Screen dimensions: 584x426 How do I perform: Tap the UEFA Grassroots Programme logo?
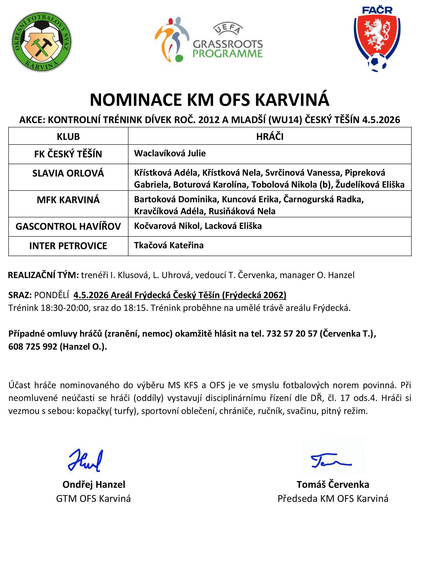[209, 40]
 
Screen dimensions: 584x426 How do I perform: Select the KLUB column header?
[68, 137]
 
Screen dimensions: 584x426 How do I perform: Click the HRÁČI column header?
[270, 137]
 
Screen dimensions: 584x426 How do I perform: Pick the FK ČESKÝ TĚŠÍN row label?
[68, 154]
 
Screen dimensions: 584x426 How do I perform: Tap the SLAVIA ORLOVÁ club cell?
[68, 173]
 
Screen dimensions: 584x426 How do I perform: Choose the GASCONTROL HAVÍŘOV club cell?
[68, 226]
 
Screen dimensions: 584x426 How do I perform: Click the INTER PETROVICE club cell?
[68, 246]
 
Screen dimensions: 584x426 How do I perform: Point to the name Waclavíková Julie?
[170, 153]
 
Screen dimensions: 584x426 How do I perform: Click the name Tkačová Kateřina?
[169, 245]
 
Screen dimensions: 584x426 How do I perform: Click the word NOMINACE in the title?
[136, 100]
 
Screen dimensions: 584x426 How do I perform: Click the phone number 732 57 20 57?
[292, 333]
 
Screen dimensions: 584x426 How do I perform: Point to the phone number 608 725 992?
[33, 346]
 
